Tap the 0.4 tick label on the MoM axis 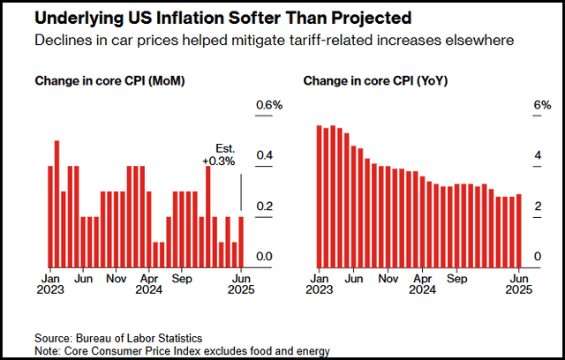point(264,157)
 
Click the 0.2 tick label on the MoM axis point(264,207)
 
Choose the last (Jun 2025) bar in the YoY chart point(519,230)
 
